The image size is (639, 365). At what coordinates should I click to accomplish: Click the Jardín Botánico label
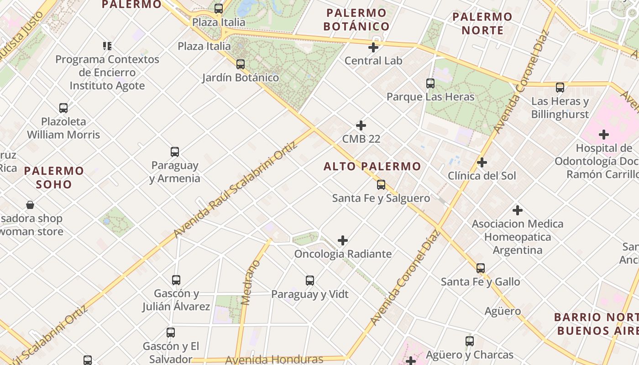point(241,78)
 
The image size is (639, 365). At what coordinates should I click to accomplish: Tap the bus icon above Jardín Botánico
point(241,64)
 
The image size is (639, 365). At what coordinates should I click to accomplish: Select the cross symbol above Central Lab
point(373,47)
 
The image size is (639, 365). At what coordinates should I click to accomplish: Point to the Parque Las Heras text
point(430,97)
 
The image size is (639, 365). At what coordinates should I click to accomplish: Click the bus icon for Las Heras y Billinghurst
point(560,88)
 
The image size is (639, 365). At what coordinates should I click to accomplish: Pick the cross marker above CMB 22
point(361,125)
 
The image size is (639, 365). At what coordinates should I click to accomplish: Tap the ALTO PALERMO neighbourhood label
point(372,167)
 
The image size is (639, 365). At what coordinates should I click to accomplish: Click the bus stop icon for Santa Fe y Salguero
point(381,185)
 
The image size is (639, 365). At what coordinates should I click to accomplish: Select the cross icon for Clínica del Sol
point(482,162)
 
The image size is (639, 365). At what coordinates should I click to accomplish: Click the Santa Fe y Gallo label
point(480,282)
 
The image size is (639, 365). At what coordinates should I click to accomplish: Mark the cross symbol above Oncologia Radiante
point(343,240)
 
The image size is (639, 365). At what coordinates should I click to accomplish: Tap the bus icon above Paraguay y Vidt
point(310,281)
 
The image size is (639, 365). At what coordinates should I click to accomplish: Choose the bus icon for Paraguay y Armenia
point(174,152)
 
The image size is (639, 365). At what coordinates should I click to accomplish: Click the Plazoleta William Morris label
point(63,128)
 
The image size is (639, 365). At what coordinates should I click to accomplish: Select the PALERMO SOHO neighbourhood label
point(54,178)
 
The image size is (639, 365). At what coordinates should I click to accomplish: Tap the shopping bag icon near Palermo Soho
point(30,205)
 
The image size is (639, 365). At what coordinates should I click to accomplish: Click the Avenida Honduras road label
point(274,360)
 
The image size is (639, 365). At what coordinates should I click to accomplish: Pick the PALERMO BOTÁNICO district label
point(356,20)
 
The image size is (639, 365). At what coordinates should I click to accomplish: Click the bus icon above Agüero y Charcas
point(470,341)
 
